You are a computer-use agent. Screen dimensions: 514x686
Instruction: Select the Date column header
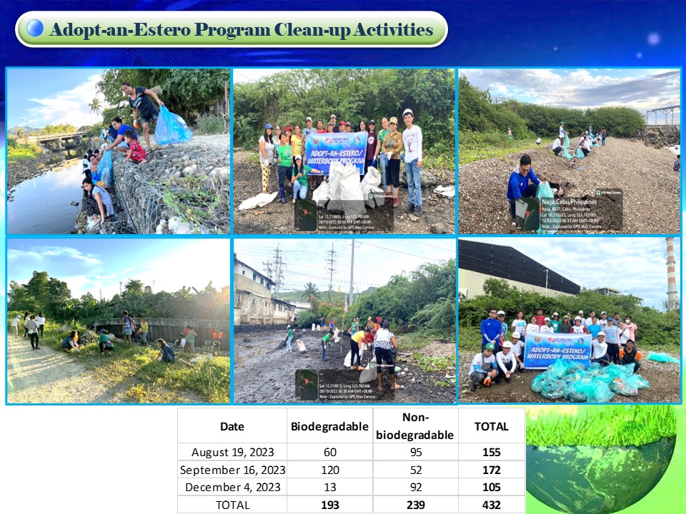(232, 426)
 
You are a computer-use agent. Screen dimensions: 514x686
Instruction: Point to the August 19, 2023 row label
(232, 452)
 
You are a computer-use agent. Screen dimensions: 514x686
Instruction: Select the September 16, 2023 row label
(232, 470)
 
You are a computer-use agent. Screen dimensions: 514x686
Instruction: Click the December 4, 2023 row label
(232, 488)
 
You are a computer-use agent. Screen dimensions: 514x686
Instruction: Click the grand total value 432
(491, 505)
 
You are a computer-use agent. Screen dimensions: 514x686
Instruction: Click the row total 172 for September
(491, 470)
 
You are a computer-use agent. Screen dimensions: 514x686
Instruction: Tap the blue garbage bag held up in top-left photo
(171, 127)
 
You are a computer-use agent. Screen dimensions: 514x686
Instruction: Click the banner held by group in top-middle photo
(337, 151)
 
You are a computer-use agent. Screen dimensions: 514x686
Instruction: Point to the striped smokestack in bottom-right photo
(671, 271)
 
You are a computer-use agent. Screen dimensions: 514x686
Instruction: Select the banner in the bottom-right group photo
(557, 348)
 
